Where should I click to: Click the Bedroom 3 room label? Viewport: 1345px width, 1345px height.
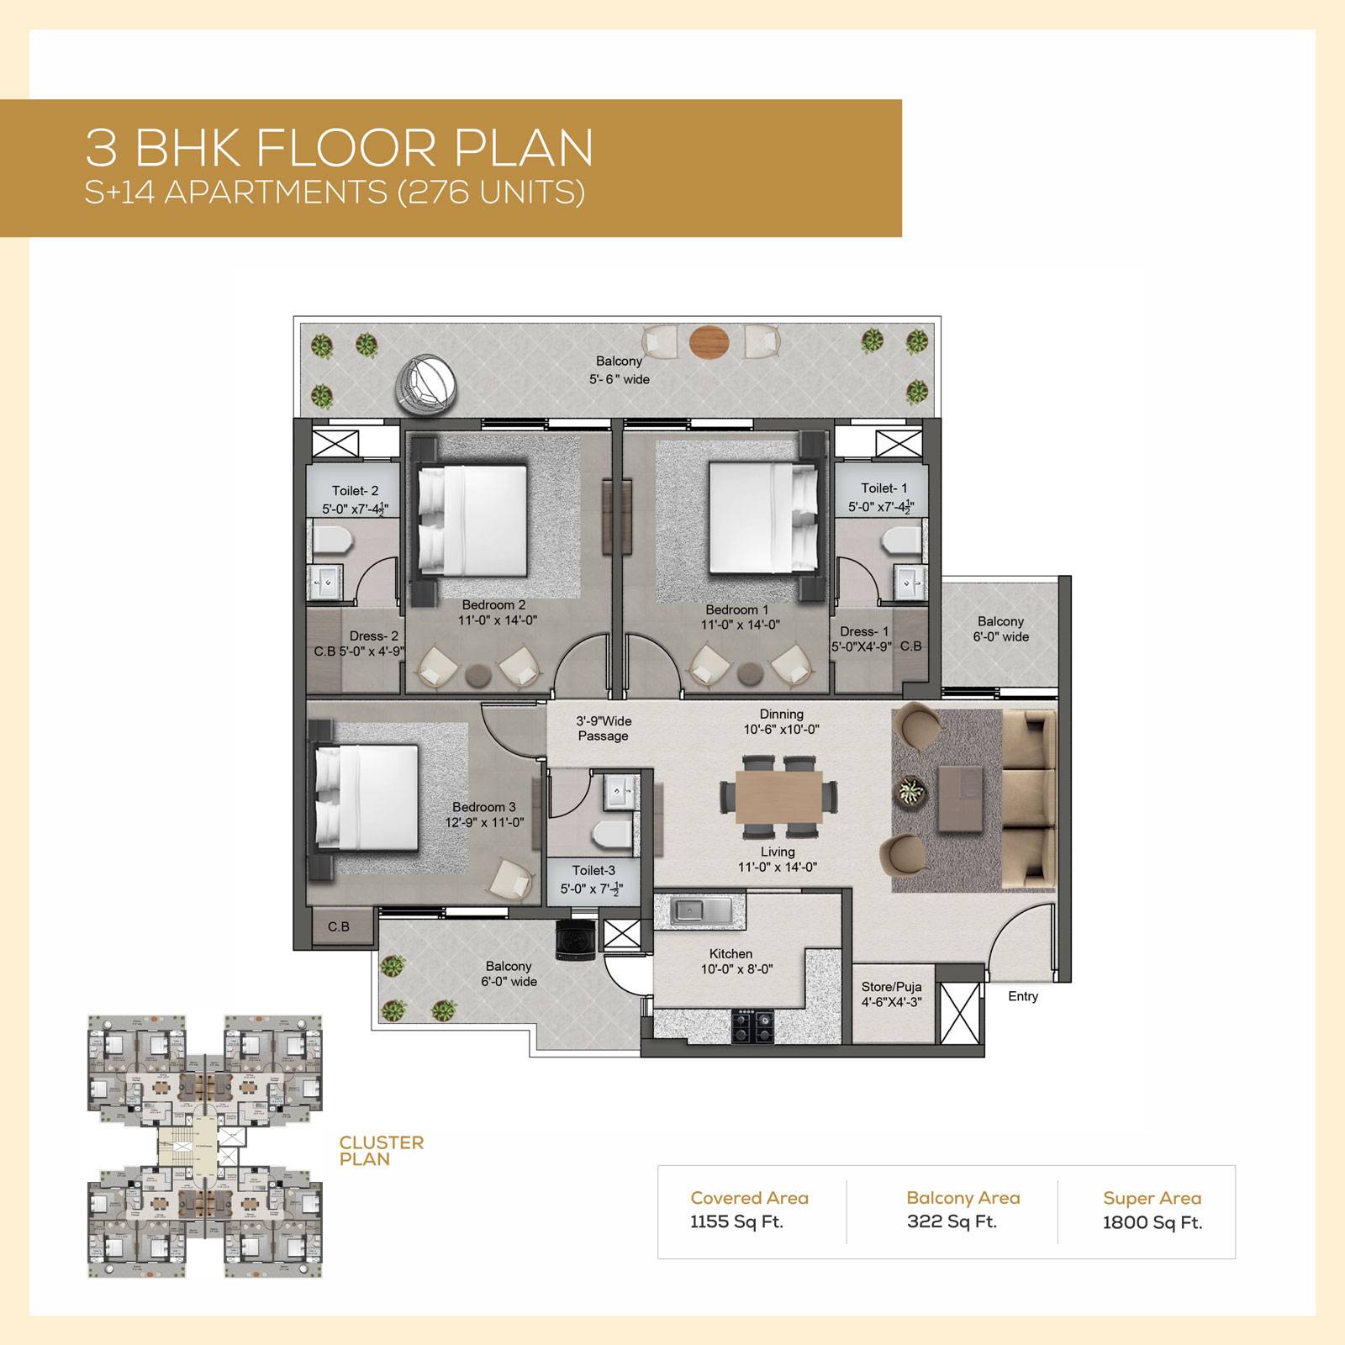pos(483,807)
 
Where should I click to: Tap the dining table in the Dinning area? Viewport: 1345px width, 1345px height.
pos(778,796)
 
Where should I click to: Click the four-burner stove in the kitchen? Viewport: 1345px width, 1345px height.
pos(752,1025)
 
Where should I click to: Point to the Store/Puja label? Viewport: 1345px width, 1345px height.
pos(891,987)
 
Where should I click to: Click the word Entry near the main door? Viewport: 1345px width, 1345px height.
pos(1023,996)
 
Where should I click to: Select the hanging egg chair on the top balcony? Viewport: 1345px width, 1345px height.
pos(427,383)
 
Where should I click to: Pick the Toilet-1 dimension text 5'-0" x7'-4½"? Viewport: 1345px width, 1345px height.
pos(880,507)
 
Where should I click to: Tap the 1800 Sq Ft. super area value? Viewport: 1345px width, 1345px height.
pos(1152,1222)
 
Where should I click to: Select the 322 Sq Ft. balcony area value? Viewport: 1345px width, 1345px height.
pos(952,1221)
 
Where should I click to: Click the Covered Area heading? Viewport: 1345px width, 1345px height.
pos(749,1198)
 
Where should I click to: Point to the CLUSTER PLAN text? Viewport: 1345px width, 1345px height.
pos(381,1151)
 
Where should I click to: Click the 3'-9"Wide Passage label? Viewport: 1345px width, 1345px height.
pos(603,728)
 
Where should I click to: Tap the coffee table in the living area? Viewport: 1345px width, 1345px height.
pos(959,798)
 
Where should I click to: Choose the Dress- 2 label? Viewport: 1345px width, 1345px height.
pos(374,636)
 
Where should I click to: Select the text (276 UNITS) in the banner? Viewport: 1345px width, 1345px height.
pos(491,193)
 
